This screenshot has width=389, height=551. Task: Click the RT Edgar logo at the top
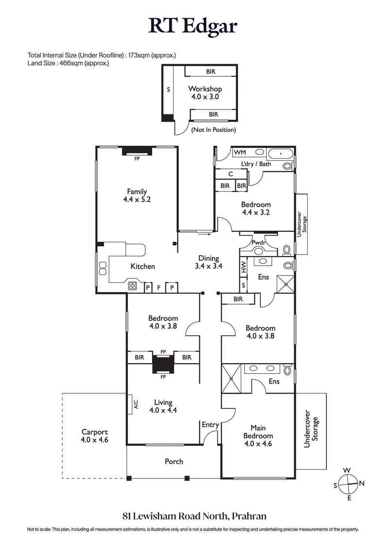point(194,25)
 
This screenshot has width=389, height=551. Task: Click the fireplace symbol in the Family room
point(137,151)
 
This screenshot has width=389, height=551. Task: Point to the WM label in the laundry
point(240,153)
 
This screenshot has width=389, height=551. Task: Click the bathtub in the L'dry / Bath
point(281,154)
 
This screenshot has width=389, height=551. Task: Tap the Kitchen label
point(142,266)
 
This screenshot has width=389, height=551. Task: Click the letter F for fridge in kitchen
point(159,288)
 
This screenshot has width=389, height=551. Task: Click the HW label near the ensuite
point(244,267)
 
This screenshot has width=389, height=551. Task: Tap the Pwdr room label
point(258,242)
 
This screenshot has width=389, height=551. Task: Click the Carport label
point(94,436)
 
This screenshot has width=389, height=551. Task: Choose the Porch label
point(174,461)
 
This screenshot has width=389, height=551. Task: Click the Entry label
point(210,425)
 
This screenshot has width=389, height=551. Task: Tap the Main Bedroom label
point(258,436)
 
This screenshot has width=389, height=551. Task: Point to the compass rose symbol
point(348,484)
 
